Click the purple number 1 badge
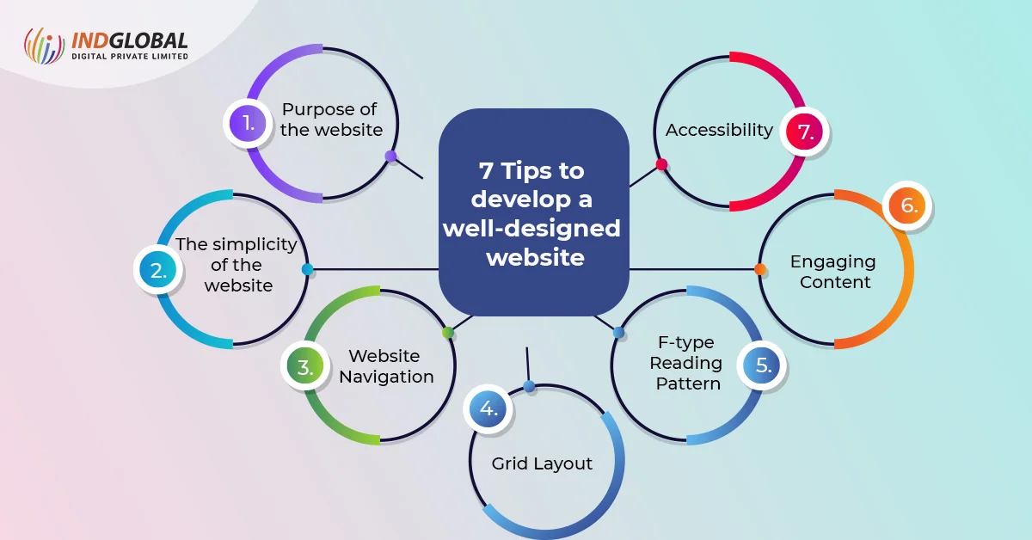click(x=248, y=123)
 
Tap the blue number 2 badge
click(x=158, y=272)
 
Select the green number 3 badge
click(x=305, y=368)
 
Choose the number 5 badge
click(x=763, y=365)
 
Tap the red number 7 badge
click(x=805, y=132)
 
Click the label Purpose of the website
click(x=330, y=120)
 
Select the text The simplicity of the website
click(x=237, y=264)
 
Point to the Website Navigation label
click(x=386, y=366)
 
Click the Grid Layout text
click(x=542, y=463)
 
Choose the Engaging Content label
click(x=832, y=271)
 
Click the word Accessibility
click(x=719, y=130)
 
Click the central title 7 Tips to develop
click(x=533, y=213)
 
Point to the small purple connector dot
click(x=390, y=156)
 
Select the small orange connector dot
click(x=760, y=269)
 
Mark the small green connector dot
click(x=447, y=332)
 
